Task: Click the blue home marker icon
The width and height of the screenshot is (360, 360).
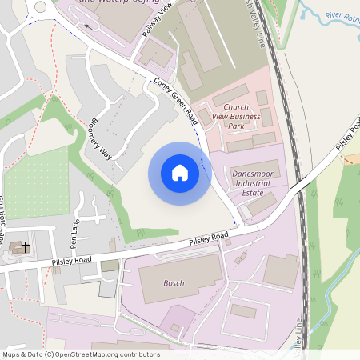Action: (180, 173)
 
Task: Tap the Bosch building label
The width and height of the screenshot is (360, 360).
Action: (174, 283)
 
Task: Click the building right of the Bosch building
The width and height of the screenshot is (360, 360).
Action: (281, 271)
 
